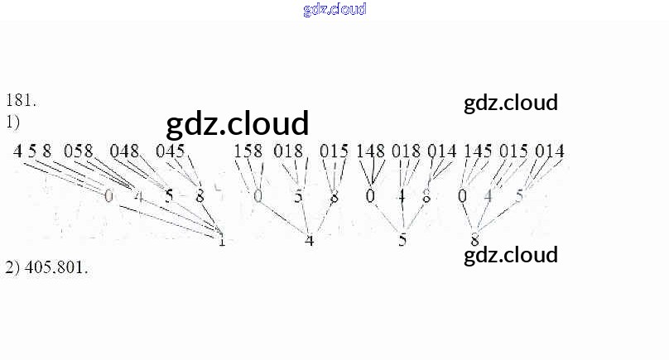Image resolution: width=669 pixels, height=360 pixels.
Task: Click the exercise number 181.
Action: coord(21,101)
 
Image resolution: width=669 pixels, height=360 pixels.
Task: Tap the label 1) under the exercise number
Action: coord(12,122)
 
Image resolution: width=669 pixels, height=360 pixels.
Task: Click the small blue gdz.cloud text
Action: coord(334,10)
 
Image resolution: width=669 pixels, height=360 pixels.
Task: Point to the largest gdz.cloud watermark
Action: coord(238,123)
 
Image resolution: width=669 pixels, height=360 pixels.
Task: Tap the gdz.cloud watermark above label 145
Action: coord(511,103)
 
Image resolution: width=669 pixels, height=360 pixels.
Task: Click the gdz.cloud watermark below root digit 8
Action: coord(511,254)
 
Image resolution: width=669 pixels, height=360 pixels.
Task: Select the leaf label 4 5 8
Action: coord(32,151)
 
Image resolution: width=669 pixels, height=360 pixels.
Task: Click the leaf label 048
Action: coord(124,151)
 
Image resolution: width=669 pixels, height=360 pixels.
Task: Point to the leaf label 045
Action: coord(171,151)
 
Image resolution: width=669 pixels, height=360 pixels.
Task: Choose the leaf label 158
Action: coord(248,151)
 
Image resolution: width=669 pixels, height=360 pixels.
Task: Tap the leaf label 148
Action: coord(371,151)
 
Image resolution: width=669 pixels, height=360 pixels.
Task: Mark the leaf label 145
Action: coord(478,151)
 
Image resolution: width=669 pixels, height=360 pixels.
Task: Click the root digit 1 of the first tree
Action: coord(221,242)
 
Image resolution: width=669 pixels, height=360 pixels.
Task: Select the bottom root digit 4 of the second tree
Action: coord(309,242)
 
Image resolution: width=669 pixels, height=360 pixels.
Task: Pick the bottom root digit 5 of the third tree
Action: coord(402,242)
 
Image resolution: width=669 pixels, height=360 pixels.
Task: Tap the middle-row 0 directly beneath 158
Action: coord(257,197)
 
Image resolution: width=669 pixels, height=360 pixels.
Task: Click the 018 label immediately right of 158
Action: coord(289,151)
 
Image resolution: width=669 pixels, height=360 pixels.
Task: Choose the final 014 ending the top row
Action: coord(550,151)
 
